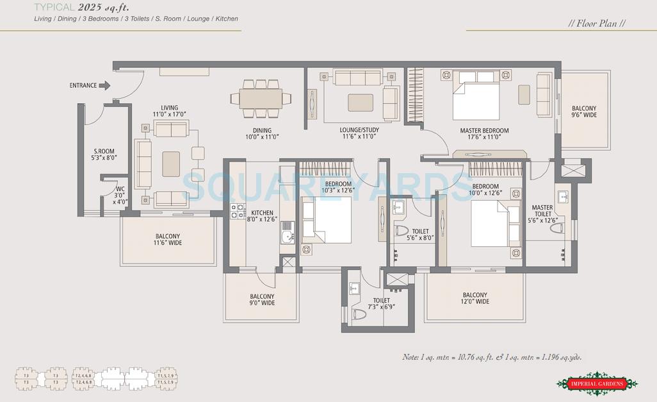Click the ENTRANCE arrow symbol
tap(104, 85)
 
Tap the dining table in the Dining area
tap(260, 98)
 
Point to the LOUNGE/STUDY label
tap(359, 133)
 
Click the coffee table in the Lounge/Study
tap(361, 103)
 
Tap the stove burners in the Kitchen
tap(237, 211)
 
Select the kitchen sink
tap(287, 237)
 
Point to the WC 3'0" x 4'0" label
tap(120, 196)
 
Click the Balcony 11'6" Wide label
tap(168, 240)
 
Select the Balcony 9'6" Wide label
tap(583, 112)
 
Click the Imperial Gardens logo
tap(597, 383)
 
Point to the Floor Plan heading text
tap(597, 24)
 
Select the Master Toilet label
tap(542, 211)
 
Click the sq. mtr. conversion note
tap(492, 357)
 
